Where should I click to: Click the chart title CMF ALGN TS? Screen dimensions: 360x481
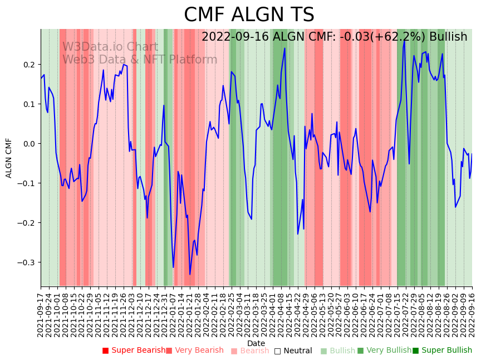tap(249, 15)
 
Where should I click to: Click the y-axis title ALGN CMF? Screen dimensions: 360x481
tap(9, 158)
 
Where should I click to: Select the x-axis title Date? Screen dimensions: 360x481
tap(256, 343)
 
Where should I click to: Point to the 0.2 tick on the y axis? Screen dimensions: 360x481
tap(30, 65)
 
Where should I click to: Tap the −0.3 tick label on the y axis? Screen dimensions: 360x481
tap(28, 262)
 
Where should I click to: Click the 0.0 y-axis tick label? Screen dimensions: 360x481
tap(30, 144)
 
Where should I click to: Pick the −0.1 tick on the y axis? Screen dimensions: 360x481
tap(28, 183)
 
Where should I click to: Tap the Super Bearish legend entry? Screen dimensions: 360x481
tap(134, 351)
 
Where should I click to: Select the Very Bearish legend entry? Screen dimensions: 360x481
tap(194, 351)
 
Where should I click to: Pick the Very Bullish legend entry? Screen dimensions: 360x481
tap(384, 351)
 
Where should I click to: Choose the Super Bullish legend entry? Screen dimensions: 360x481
tap(442, 351)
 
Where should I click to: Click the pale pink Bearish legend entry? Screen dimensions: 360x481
tap(250, 351)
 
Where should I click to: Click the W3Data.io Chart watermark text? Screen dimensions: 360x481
tap(110, 47)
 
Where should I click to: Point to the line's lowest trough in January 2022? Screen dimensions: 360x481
tap(190, 274)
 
